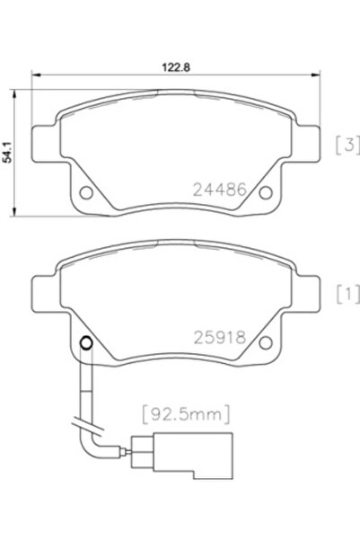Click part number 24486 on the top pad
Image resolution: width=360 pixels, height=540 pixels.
point(219,190)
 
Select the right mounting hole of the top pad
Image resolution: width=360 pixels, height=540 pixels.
point(263,192)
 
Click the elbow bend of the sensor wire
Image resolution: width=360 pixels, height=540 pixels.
point(93,439)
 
